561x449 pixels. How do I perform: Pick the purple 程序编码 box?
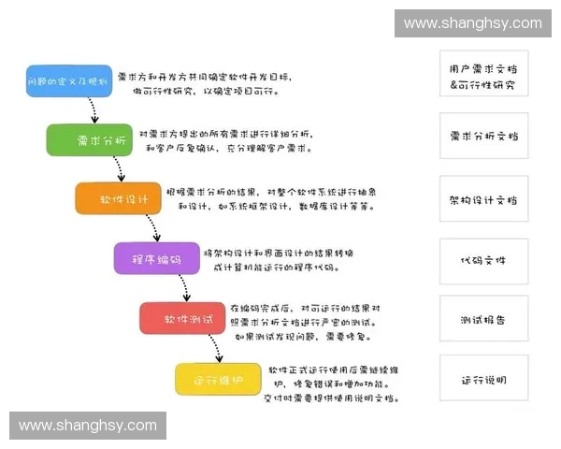(156, 258)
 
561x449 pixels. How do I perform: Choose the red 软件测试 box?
(181, 318)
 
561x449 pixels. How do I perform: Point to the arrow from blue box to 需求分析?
(92, 111)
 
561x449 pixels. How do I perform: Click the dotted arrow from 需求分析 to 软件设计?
(119, 169)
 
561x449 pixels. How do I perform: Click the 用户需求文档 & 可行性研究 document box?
(482, 75)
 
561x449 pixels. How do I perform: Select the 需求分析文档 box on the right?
(482, 136)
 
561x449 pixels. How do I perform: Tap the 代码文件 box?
(482, 260)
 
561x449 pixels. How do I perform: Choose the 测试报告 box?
(482, 320)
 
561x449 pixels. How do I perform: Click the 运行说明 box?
(482, 380)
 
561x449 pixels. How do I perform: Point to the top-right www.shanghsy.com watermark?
(472, 22)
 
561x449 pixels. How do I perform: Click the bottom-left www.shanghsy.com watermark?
(88, 426)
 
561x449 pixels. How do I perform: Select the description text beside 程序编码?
(279, 259)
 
